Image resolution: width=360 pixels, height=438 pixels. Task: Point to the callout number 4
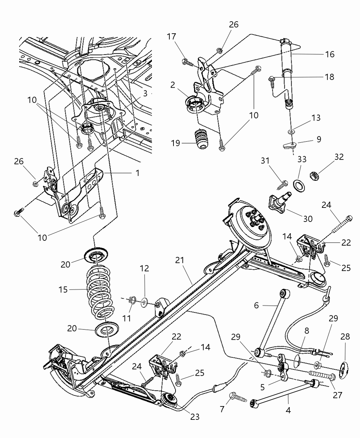click(288, 410)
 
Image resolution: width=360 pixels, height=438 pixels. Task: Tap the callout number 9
click(319, 139)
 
